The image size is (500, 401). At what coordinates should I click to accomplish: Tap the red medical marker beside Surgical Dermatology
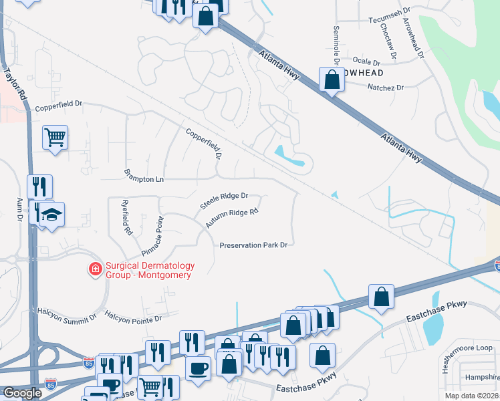[96, 269]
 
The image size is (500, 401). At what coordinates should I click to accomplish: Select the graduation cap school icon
[50, 215]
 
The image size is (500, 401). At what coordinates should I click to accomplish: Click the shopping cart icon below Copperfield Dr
[55, 138]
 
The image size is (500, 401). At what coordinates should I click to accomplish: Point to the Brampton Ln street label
[144, 176]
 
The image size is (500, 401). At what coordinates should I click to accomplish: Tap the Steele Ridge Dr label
[225, 200]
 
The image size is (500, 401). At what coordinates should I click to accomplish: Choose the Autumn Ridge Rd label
[231, 218]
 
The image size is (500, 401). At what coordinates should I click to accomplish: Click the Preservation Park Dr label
[253, 245]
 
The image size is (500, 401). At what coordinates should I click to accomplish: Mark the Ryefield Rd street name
[126, 217]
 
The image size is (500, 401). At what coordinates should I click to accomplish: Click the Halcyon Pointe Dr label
[134, 319]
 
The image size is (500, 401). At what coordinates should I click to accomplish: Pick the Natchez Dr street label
[386, 88]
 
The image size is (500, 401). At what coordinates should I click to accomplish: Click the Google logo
[21, 393]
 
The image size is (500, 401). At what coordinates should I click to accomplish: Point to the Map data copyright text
[471, 396]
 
